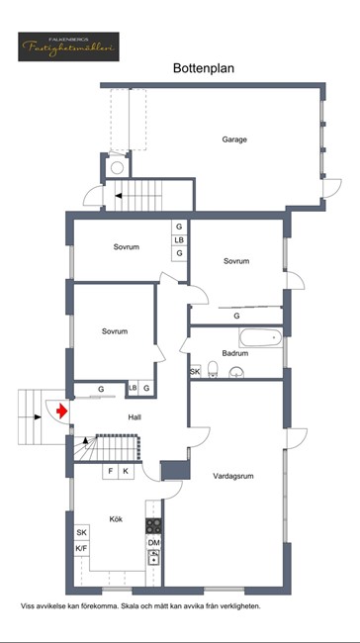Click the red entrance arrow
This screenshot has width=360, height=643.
point(62,411)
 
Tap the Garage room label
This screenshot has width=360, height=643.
point(234,139)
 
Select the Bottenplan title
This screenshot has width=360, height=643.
point(204,68)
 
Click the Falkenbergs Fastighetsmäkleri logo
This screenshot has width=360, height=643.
point(68,46)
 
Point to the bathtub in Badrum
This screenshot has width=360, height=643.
point(261,338)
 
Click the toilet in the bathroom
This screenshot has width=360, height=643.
point(213,369)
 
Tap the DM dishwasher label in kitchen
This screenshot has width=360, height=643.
point(154,542)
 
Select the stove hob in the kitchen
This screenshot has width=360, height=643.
point(154,525)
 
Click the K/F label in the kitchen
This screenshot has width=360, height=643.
point(82,548)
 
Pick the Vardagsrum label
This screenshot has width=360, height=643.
point(233,476)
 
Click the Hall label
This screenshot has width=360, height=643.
point(135,417)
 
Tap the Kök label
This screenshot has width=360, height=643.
point(116,519)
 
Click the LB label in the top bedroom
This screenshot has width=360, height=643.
point(179,240)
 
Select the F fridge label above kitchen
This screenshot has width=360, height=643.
point(111,472)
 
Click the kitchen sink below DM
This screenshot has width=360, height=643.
point(154,557)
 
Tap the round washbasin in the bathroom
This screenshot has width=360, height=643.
point(236,372)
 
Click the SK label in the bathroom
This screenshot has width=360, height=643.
point(195,372)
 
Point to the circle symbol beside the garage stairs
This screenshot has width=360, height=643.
point(118,167)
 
